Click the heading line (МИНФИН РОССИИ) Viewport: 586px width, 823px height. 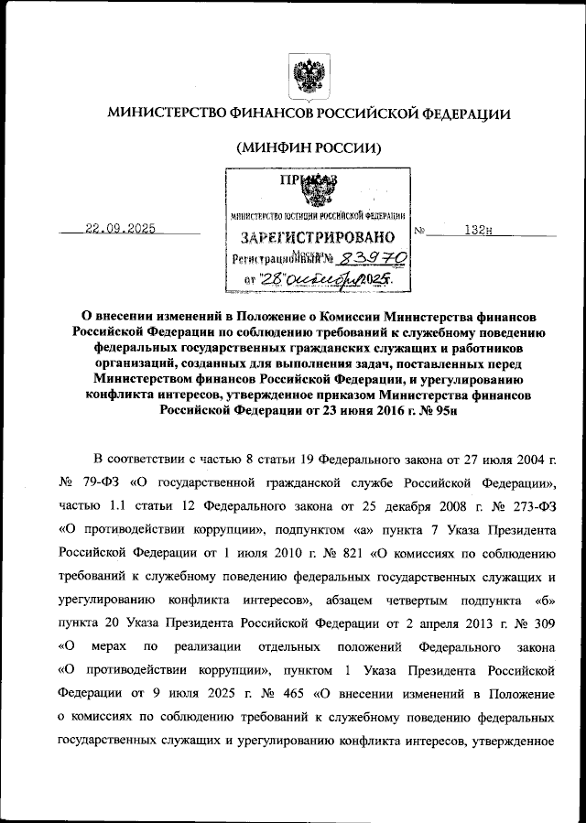[309, 147]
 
